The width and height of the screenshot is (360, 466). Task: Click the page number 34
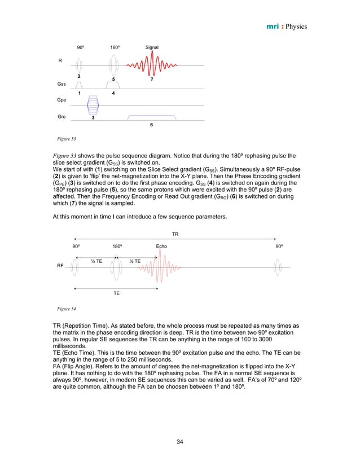(x=180, y=441)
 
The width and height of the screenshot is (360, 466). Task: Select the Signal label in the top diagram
(x=152, y=47)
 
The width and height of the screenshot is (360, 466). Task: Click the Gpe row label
(x=62, y=100)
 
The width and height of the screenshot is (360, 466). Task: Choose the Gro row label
(x=62, y=117)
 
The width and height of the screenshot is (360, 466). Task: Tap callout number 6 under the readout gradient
(x=151, y=125)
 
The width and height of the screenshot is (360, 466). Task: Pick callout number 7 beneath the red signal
(x=151, y=80)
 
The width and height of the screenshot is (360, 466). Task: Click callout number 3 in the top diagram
(x=93, y=118)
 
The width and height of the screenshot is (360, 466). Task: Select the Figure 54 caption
(x=67, y=309)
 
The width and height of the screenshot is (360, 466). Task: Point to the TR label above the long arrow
(x=175, y=232)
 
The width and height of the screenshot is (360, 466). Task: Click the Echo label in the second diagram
(x=161, y=247)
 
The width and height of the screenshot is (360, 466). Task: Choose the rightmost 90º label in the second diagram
(x=279, y=247)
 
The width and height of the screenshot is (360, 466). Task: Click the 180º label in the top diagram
(x=115, y=47)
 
